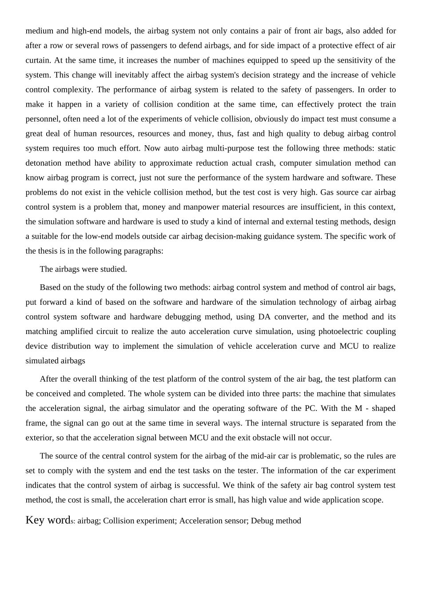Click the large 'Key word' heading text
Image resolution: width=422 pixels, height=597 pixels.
(x=48, y=520)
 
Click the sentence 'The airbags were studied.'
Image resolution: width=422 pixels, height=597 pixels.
(x=83, y=269)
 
